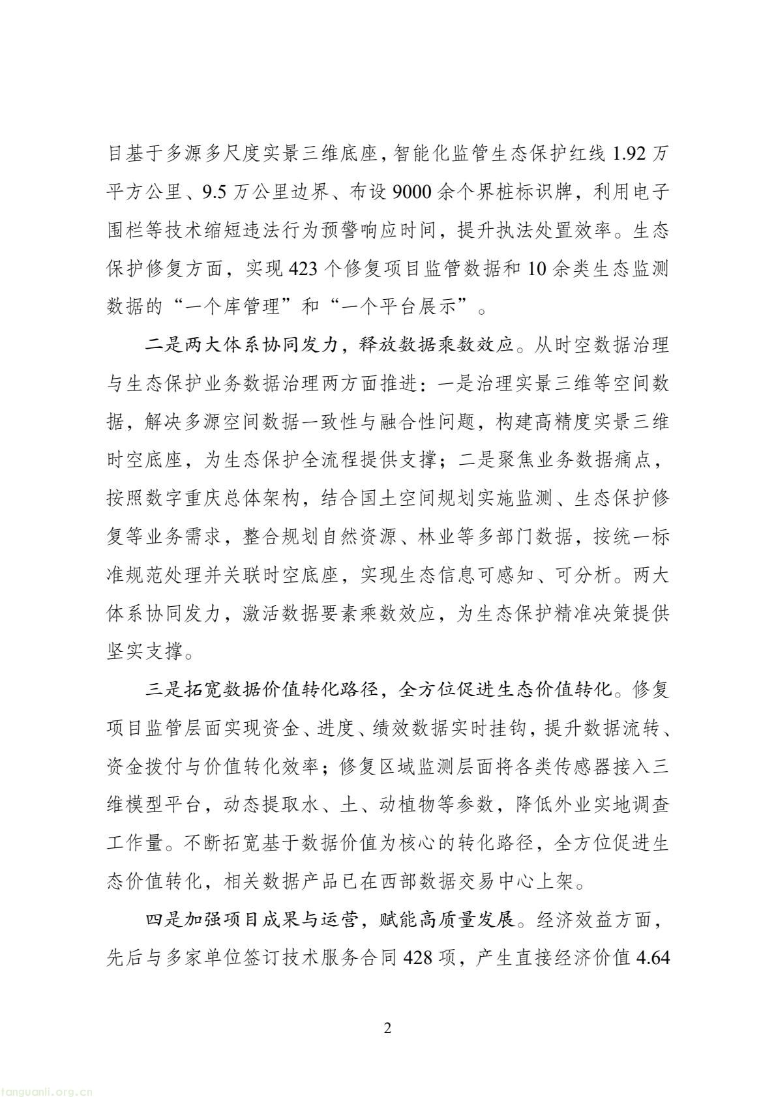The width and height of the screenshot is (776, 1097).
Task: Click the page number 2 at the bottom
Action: (x=388, y=1029)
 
